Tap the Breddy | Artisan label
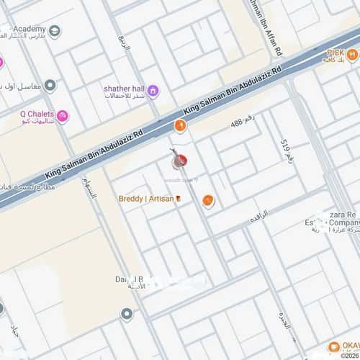coord(146,198)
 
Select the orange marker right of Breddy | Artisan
coord(208,202)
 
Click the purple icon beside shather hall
coord(153,90)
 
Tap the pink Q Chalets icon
coord(63,115)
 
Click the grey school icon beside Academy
coord(55,32)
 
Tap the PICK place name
coord(335,53)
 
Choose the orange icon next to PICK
coord(351,54)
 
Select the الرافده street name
coord(258,215)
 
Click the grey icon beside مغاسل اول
coord(50,86)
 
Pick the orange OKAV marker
coord(333,347)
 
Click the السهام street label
coord(89,189)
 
